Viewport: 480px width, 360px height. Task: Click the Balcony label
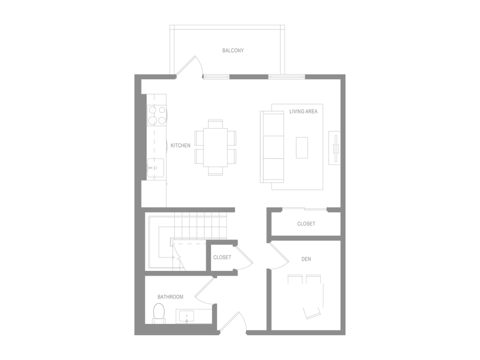point(233,50)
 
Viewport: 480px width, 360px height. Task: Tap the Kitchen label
point(181,146)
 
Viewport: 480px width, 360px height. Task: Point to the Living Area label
point(304,112)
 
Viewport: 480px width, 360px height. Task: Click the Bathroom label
point(170,297)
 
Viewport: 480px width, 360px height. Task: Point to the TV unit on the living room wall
point(335,148)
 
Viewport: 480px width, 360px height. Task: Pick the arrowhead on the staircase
point(178,257)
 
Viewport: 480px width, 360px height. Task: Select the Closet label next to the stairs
point(222,258)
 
